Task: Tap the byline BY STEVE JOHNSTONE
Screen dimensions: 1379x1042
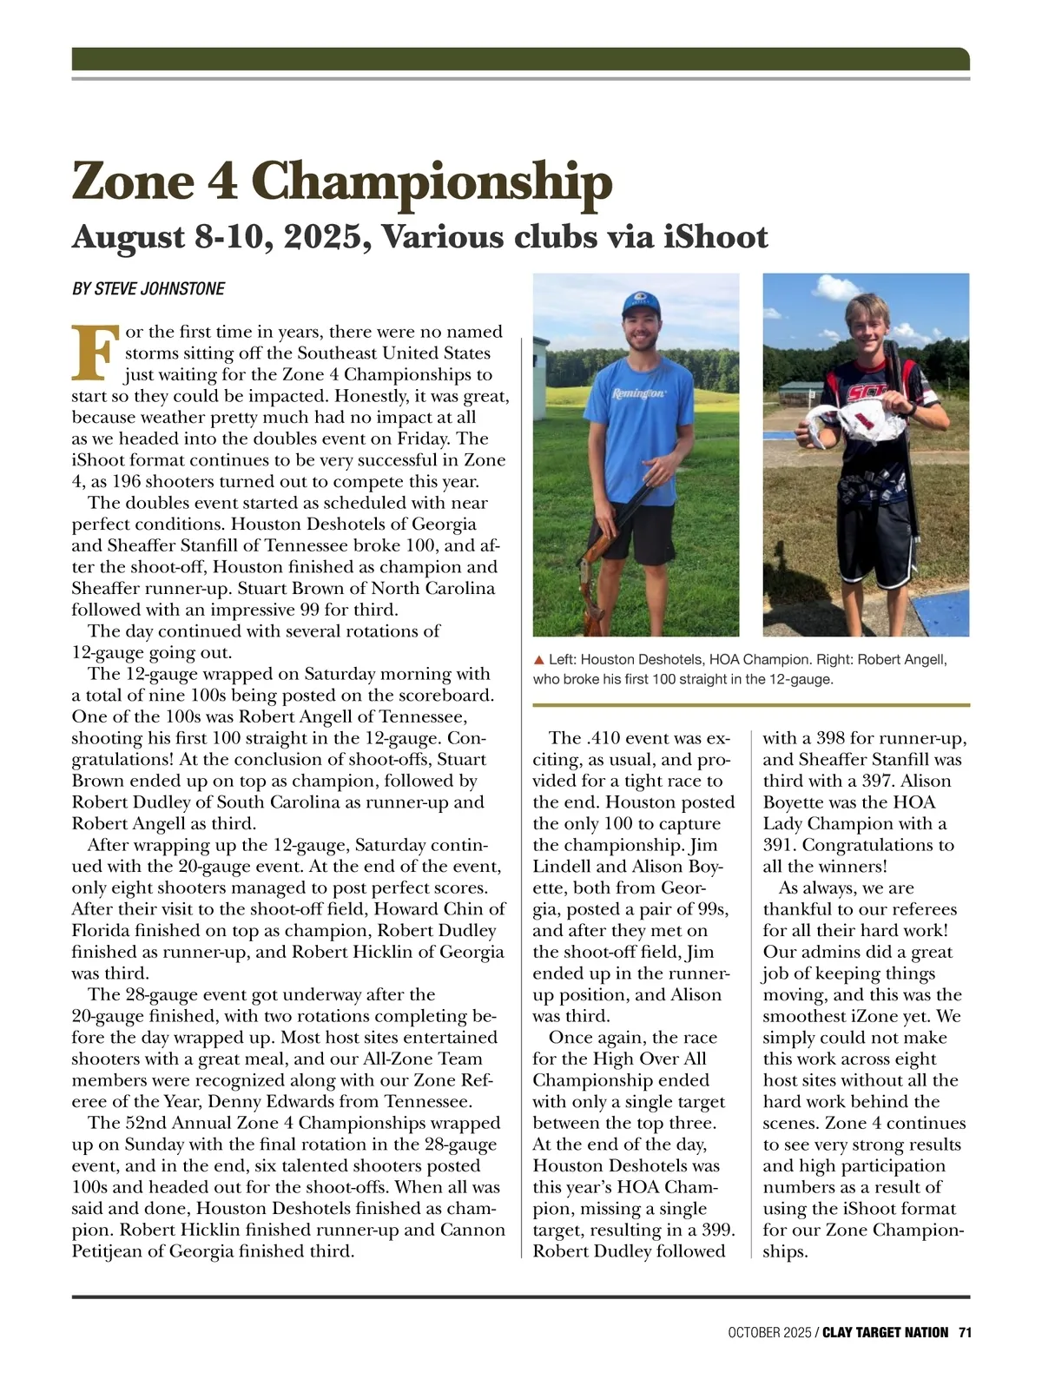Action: coord(148,289)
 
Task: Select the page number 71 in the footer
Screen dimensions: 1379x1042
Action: coord(964,1332)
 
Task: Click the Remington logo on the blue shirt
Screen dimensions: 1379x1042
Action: coord(639,393)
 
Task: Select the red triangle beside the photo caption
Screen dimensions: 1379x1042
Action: coord(539,661)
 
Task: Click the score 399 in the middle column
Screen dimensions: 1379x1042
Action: coord(717,1230)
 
